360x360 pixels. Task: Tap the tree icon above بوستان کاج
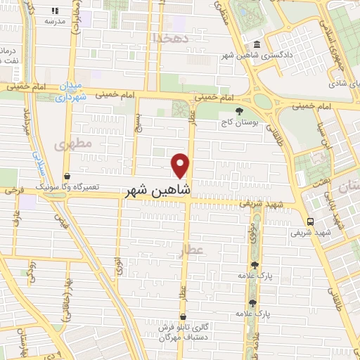click(x=240, y=110)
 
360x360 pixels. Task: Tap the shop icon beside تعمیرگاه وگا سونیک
click(x=67, y=176)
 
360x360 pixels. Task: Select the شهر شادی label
click(x=338, y=82)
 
